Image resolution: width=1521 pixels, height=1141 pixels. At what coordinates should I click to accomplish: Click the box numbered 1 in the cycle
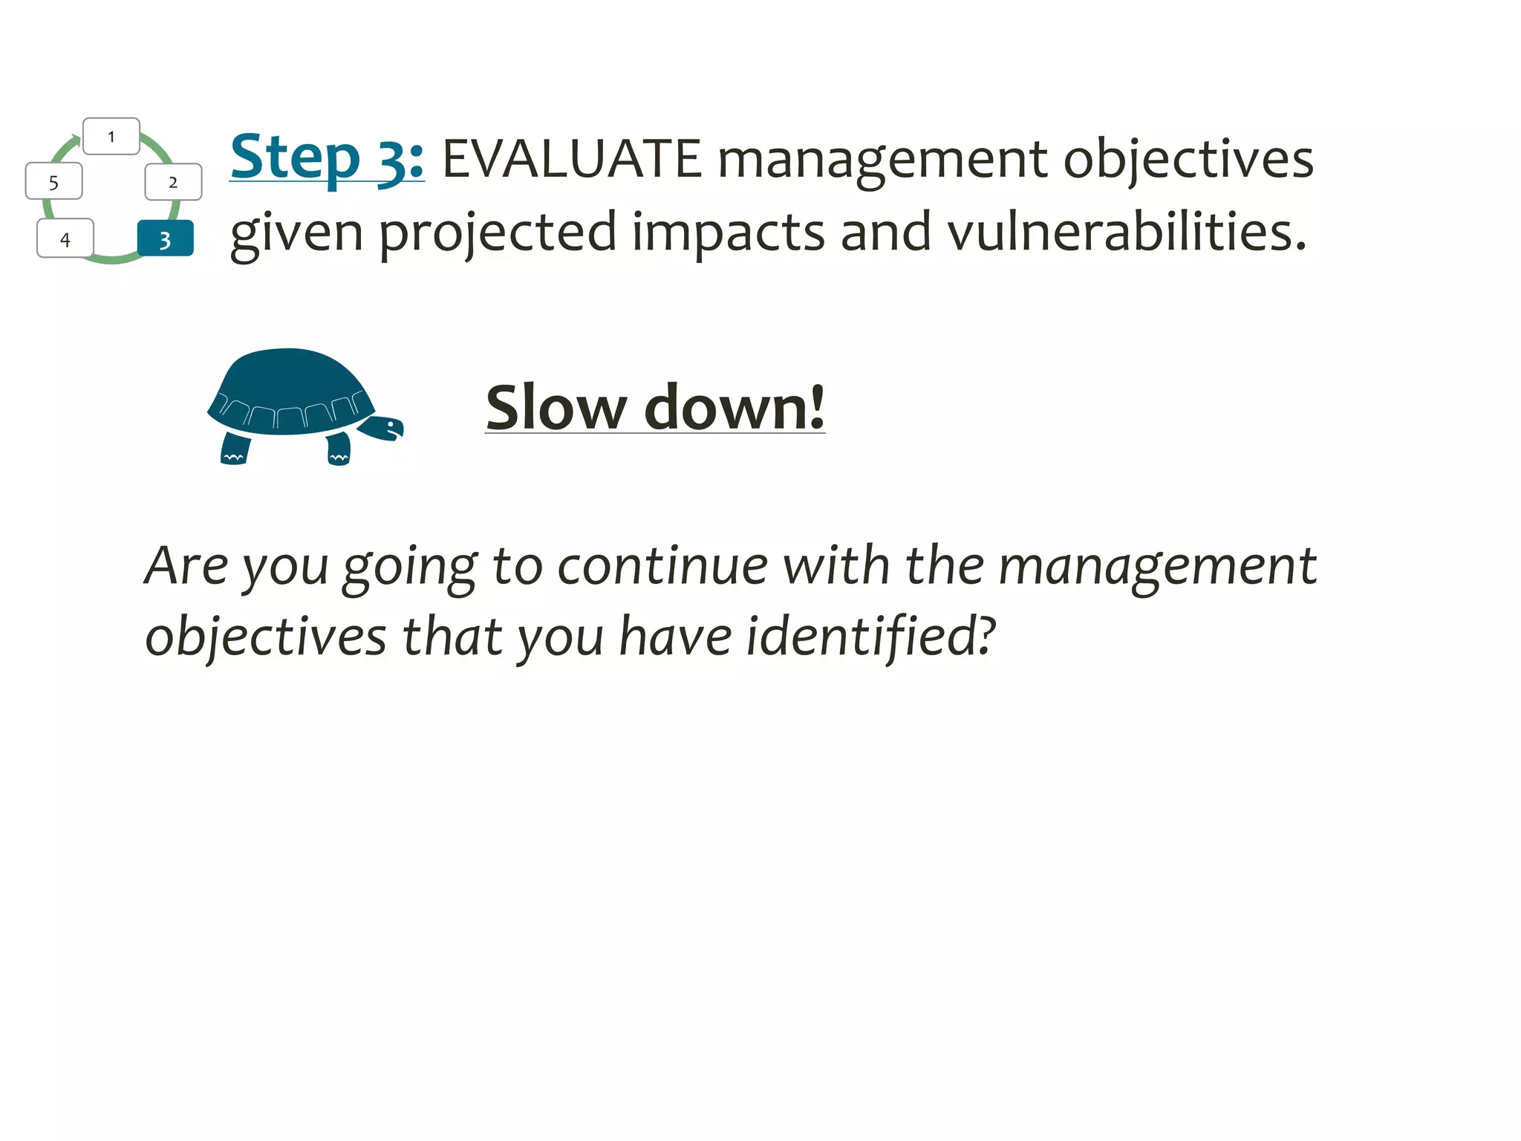111,137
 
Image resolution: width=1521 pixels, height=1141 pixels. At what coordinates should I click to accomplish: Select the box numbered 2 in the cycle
173,182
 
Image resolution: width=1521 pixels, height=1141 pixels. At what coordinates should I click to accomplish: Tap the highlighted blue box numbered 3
166,239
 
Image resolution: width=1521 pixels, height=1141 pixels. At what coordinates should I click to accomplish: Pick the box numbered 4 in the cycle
65,238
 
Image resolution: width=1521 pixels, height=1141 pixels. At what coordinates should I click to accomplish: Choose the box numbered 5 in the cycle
53,182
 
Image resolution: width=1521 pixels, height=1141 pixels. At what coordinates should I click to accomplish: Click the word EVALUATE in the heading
571,159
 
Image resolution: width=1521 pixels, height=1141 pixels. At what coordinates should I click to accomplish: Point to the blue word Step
295,157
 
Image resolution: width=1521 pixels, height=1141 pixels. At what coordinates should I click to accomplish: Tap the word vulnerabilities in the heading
1125,233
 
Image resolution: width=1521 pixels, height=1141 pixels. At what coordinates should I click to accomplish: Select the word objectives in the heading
1188,159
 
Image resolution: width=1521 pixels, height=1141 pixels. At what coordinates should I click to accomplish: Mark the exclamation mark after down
817,407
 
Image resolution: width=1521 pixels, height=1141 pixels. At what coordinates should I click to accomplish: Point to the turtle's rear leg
235,449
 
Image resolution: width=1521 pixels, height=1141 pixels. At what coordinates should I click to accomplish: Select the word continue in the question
662,566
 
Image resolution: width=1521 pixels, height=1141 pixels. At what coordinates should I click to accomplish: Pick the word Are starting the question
186,566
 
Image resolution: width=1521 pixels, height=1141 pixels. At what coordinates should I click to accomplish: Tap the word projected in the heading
498,233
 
